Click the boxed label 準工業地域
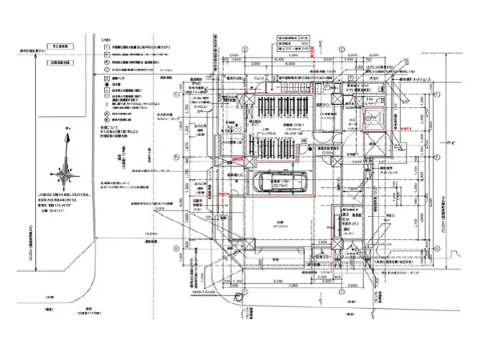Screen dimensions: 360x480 (65, 48)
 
